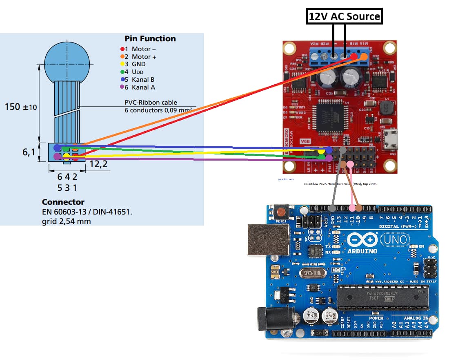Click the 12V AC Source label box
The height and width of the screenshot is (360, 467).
(345, 17)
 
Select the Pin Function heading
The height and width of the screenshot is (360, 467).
(150, 38)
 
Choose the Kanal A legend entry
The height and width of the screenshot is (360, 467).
(140, 87)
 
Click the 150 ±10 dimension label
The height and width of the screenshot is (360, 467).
(21, 107)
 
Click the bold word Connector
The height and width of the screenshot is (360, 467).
(63, 202)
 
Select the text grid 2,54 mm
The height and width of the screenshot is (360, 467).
(67, 221)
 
